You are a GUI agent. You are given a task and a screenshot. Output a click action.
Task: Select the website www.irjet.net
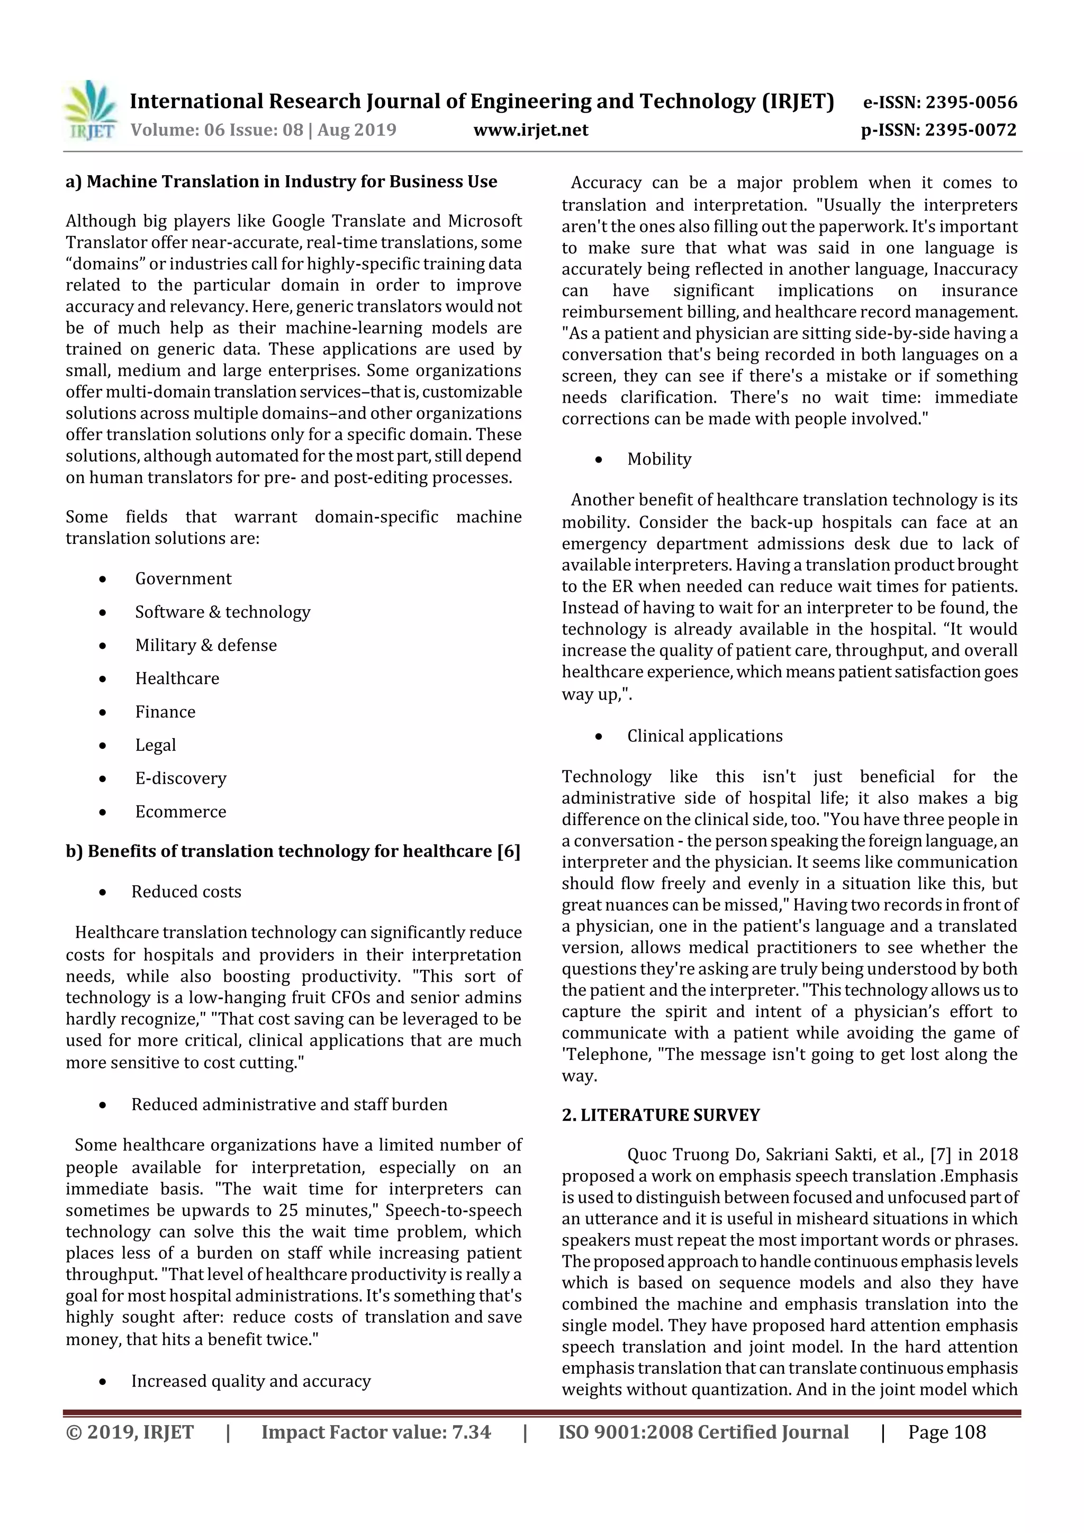[530, 130]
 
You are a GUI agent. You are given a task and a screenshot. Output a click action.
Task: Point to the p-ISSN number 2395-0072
[970, 130]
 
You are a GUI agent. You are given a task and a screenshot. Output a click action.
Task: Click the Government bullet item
[183, 579]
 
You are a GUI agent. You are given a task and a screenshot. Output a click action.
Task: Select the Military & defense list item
[206, 646]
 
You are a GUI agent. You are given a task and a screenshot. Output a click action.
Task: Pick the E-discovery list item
[180, 778]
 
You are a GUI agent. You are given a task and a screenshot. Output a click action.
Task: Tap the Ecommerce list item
[180, 812]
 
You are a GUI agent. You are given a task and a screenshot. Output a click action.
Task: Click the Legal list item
[156, 745]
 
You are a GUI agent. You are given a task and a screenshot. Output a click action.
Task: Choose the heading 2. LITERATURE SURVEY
[661, 1115]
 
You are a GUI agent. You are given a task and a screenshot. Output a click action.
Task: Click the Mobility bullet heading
[658, 459]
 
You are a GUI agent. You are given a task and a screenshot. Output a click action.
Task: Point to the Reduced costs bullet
[186, 892]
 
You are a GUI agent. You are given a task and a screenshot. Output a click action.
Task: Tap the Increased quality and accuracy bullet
[250, 1381]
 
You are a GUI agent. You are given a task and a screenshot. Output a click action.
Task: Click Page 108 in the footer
[946, 1432]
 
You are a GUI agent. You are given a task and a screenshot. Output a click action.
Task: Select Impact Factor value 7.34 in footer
[375, 1432]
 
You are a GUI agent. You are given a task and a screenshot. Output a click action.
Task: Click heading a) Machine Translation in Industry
[281, 182]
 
